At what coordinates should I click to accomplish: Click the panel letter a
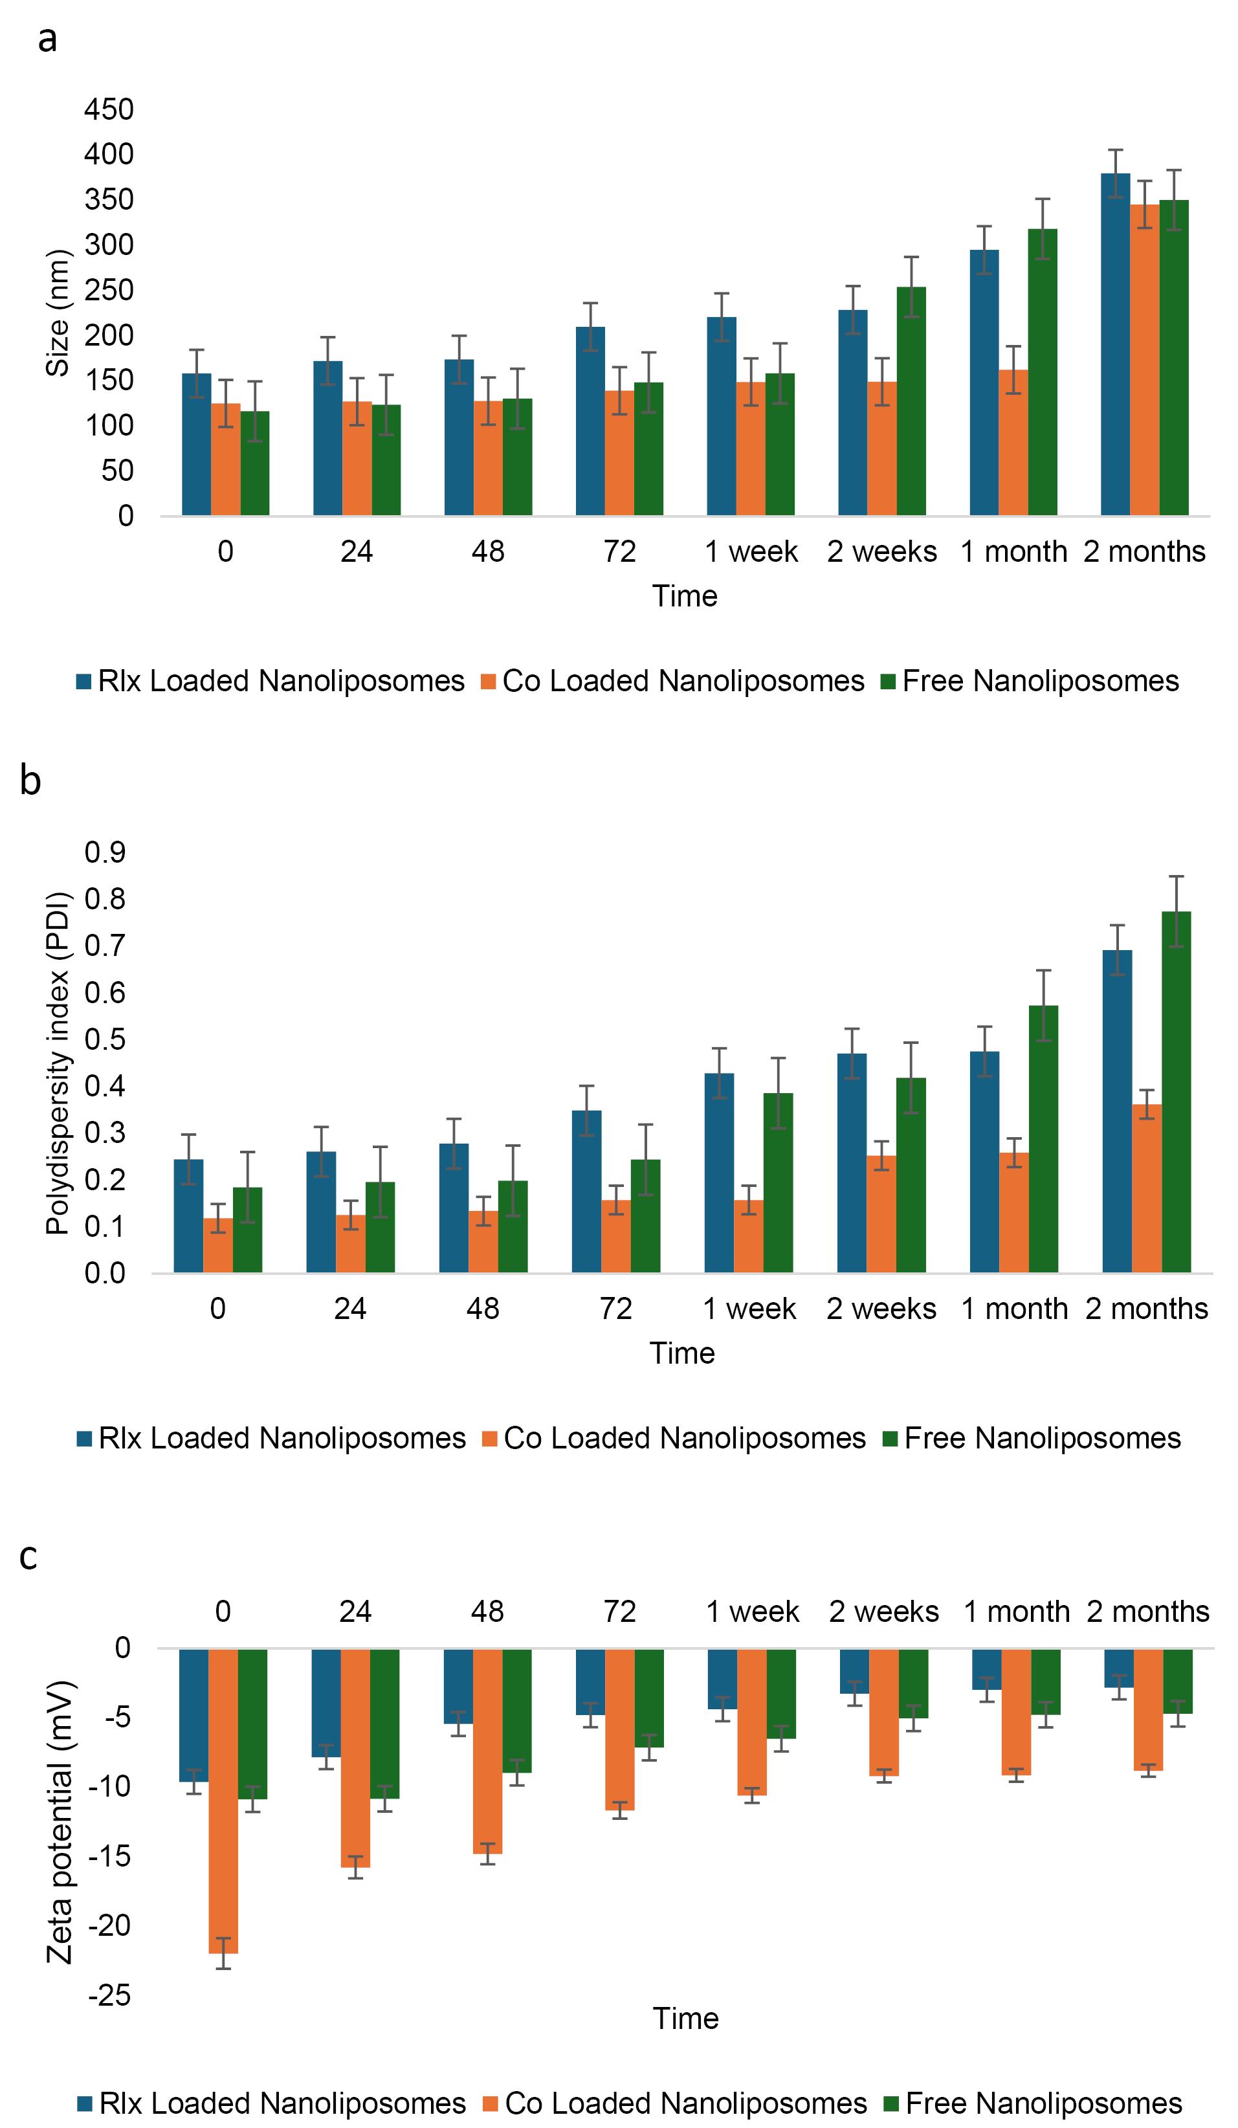click(47, 39)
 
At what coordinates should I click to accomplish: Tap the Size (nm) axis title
click(58, 313)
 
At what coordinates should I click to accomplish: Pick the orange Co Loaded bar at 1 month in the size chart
click(1013, 443)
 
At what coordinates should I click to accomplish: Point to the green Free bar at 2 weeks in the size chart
click(911, 401)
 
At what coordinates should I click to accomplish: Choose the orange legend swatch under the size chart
click(488, 682)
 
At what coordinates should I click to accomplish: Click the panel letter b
click(30, 781)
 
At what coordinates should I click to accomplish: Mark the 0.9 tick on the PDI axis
click(105, 853)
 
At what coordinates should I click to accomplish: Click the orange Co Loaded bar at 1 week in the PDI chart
click(748, 1236)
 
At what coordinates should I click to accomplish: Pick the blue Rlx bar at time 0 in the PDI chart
click(188, 1216)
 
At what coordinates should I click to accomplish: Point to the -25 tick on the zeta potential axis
click(111, 1995)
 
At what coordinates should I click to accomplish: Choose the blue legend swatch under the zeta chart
click(84, 2103)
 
